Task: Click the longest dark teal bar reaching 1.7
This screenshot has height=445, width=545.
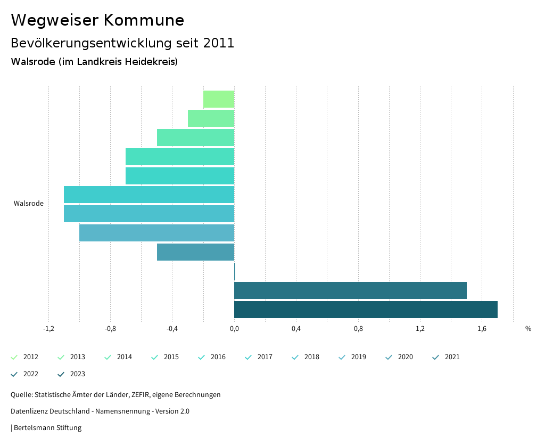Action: click(x=366, y=310)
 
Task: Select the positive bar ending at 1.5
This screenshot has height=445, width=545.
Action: click(x=350, y=290)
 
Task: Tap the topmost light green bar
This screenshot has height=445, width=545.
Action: click(x=219, y=99)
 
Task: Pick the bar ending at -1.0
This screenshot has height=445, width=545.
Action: click(x=156, y=233)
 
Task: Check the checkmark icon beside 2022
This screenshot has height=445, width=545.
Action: click(x=14, y=374)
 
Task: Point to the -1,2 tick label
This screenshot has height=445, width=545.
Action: click(x=48, y=329)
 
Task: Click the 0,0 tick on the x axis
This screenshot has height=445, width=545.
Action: click(x=234, y=329)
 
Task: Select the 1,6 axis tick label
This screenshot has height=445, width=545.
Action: click(x=482, y=329)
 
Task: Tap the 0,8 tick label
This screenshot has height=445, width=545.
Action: click(x=358, y=329)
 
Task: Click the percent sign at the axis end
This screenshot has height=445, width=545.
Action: click(x=528, y=329)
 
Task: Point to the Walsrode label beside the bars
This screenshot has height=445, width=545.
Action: click(x=29, y=204)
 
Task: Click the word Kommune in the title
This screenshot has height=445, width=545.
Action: click(x=144, y=20)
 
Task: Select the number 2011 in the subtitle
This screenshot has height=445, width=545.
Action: click(x=219, y=43)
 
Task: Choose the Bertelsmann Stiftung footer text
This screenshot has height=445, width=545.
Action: click(x=47, y=428)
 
